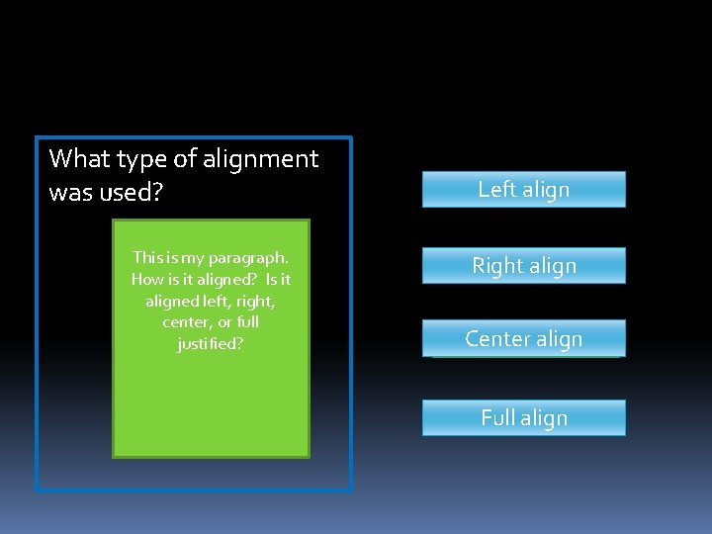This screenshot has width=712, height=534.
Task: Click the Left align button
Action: tap(523, 190)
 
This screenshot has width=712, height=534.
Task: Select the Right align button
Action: tap(523, 266)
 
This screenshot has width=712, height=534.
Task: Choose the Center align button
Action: tap(523, 338)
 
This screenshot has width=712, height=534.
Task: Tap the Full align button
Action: tap(523, 417)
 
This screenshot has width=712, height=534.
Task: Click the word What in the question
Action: tap(79, 158)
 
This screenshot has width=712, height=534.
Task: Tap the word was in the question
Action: tap(70, 192)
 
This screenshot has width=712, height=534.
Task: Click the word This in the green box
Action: tap(146, 257)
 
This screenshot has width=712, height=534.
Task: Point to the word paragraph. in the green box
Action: tap(248, 258)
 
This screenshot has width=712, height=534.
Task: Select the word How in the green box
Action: tap(146, 279)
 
